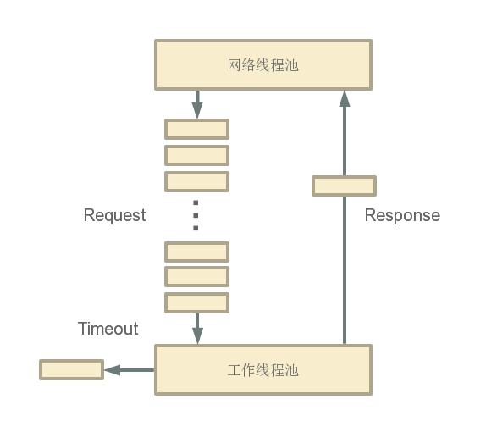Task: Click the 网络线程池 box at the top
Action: pos(262,64)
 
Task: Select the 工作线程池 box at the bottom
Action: pos(262,369)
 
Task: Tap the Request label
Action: pos(114,215)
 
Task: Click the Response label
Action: pos(402,215)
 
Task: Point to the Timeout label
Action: pos(108,329)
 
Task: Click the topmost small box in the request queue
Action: pos(196,129)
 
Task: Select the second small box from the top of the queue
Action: pos(196,155)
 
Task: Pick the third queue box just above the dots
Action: pos(196,181)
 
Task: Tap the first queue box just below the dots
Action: pos(196,252)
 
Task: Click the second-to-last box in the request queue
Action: pos(196,277)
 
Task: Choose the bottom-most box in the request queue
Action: pos(196,303)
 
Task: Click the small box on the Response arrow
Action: pos(344,186)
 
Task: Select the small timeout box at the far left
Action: pos(71,369)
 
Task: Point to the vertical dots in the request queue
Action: pos(196,216)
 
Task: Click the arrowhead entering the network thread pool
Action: pos(345,99)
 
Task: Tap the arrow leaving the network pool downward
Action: pos(197,105)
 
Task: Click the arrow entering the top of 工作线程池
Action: pos(197,330)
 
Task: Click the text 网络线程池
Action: pos(263,65)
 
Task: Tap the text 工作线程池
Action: pos(263,370)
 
